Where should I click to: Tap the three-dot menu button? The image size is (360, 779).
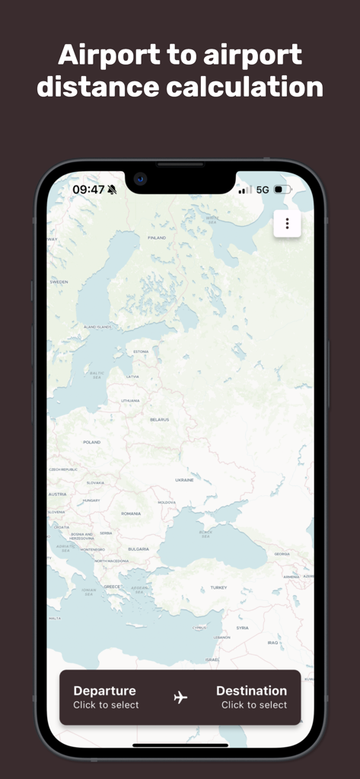pos(287,224)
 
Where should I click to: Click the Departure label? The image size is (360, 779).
pos(104,691)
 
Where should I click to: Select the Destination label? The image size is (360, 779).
pos(251,691)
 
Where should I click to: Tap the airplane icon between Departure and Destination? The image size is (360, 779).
pos(180,697)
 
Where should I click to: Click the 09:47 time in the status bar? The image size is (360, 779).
pos(88,189)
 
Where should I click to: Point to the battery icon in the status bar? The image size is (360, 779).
pos(282,189)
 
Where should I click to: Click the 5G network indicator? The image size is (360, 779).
pos(263,189)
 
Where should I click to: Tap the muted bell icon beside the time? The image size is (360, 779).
pos(113,189)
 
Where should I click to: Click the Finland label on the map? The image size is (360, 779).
pos(156,238)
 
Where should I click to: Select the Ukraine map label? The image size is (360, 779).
pos(184,480)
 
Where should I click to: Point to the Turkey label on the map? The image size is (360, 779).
pos(219,587)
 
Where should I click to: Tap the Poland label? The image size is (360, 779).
pos(91,442)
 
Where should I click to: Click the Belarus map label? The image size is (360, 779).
pos(159,420)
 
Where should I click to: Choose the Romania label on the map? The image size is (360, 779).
pos(131,514)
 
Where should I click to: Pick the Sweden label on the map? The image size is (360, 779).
pos(59,281)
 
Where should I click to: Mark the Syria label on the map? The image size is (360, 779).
pos(242,628)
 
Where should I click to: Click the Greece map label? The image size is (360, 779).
pos(112,587)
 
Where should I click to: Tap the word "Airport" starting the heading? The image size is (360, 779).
pos(108,55)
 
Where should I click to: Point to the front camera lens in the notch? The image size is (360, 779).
pos(140,180)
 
